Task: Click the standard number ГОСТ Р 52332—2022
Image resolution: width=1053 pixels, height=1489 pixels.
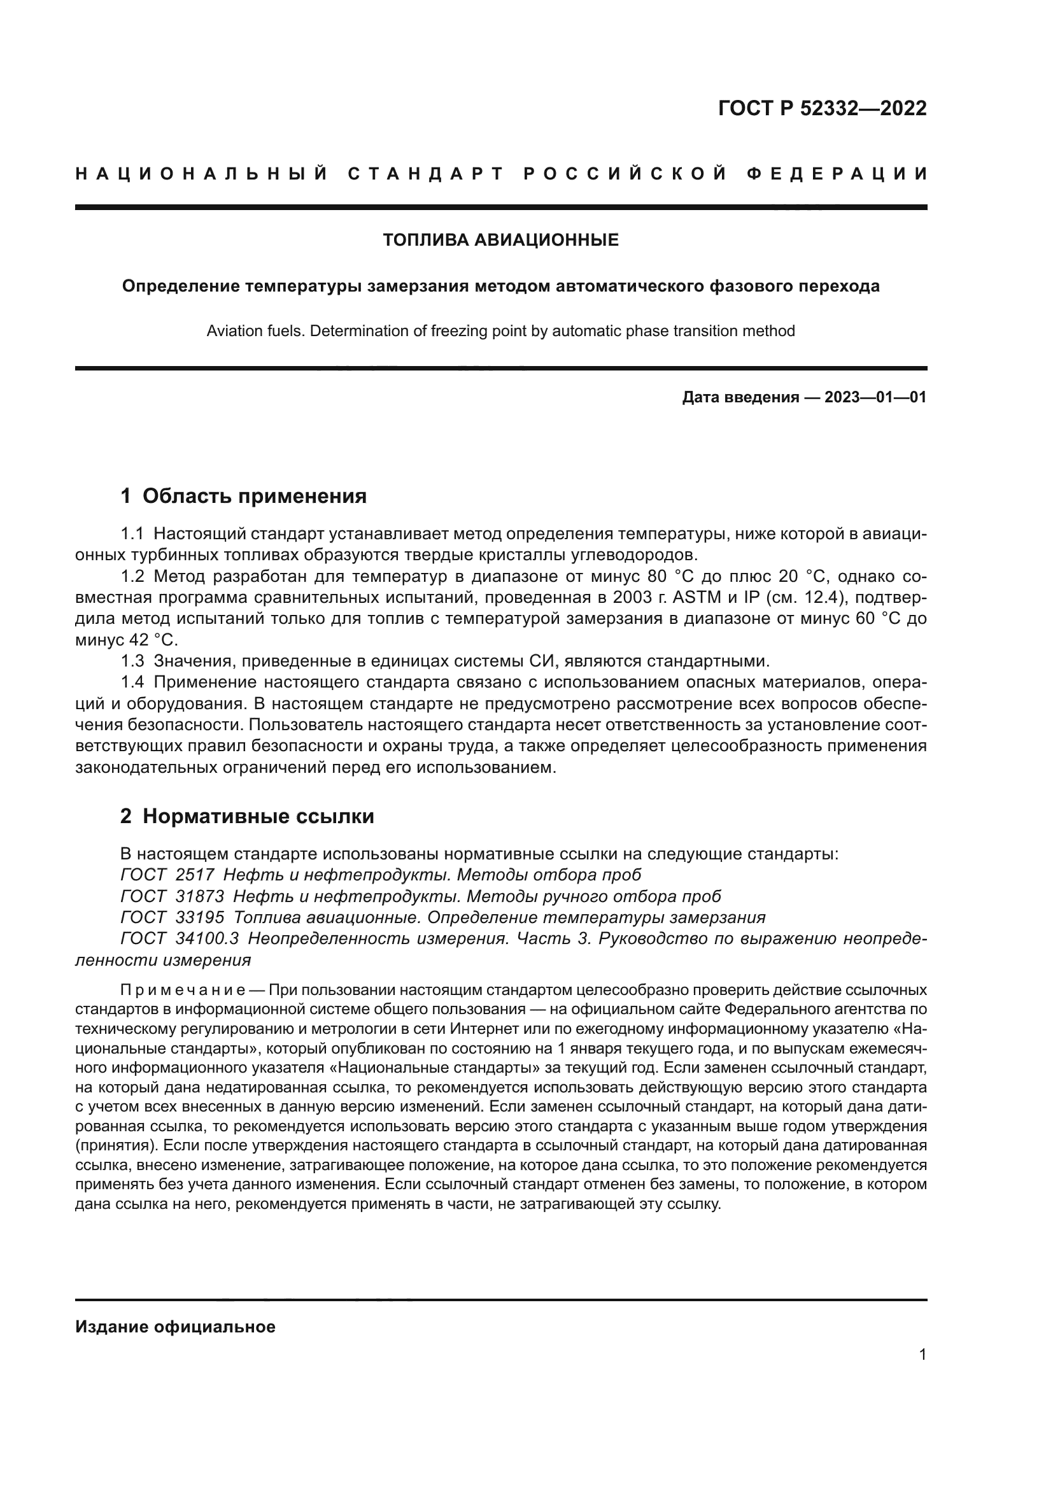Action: (x=822, y=108)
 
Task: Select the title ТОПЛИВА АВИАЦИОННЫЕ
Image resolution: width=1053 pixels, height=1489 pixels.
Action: (x=500, y=240)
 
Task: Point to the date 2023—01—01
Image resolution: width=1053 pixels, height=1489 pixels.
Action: (x=875, y=397)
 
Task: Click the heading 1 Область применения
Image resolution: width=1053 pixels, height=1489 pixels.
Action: (x=243, y=496)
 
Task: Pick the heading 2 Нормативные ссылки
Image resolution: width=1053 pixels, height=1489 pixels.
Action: (x=247, y=816)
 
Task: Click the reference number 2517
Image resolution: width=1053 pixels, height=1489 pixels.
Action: (x=195, y=875)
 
